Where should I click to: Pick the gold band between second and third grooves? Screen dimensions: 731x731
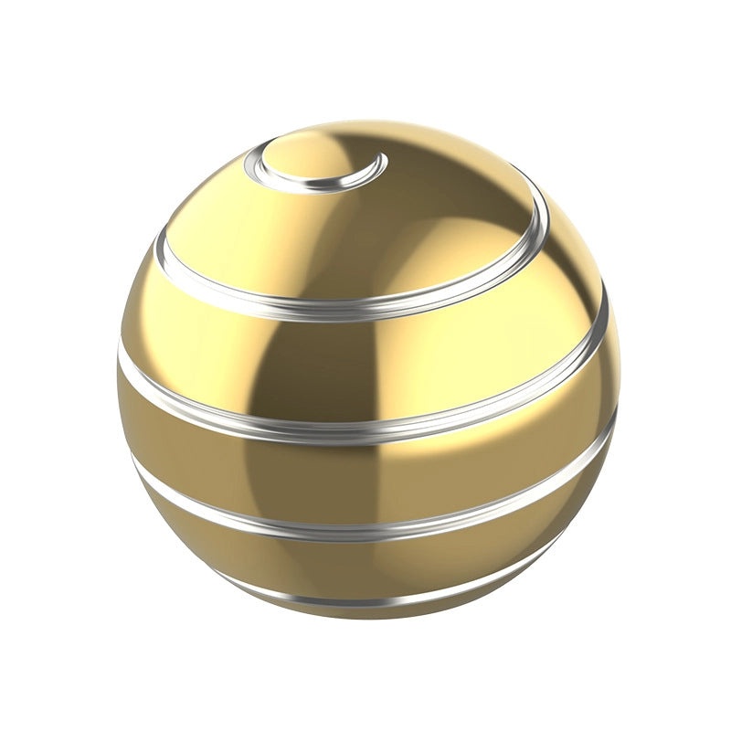365,365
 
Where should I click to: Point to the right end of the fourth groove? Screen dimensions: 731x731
610,429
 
